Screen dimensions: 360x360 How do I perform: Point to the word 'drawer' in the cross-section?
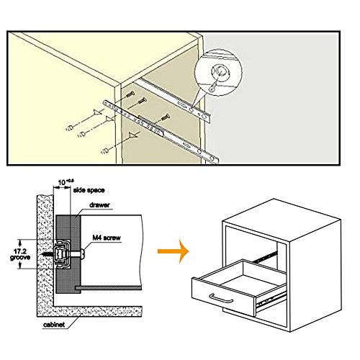(x=101, y=205)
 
